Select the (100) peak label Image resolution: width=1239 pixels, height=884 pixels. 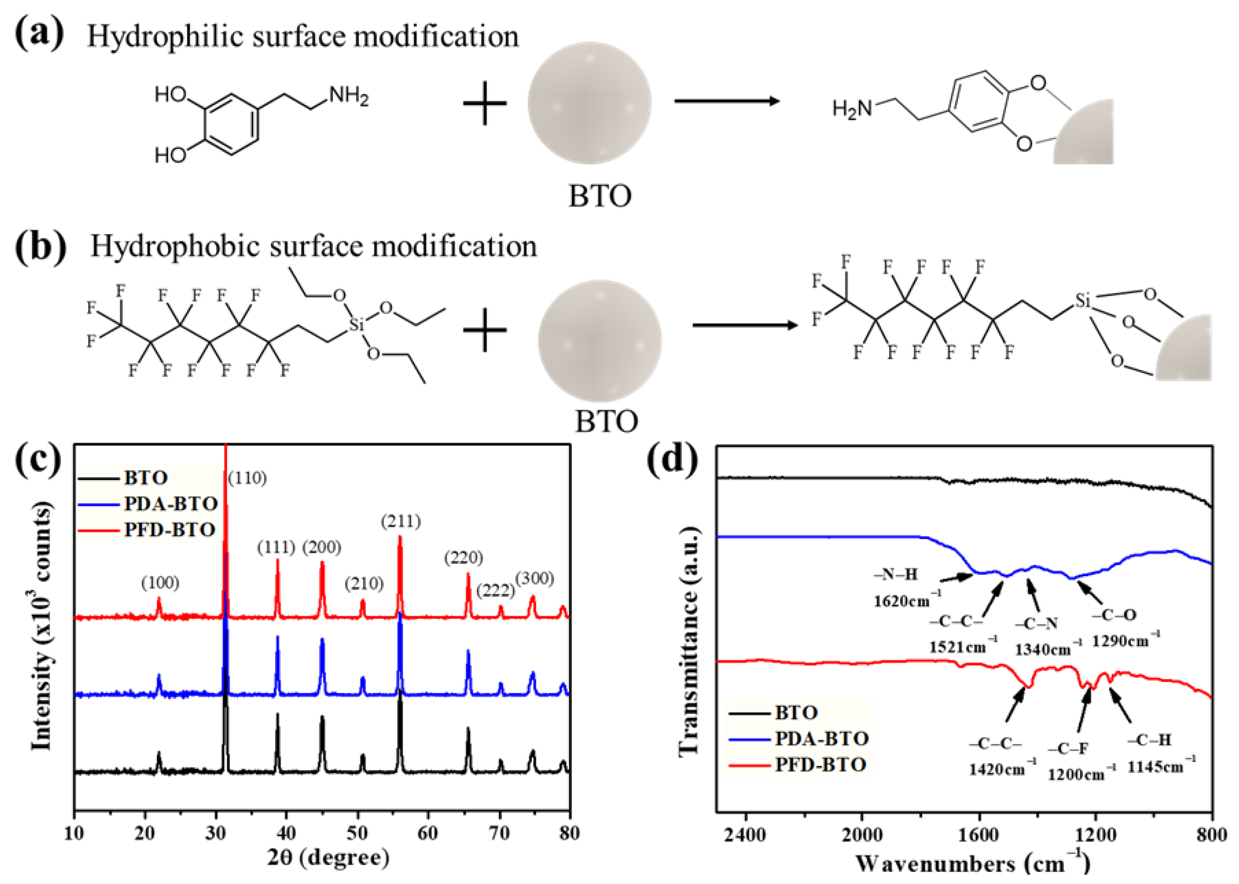pyautogui.click(x=160, y=583)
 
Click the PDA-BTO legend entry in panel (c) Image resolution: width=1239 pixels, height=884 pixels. pyautogui.click(x=170, y=503)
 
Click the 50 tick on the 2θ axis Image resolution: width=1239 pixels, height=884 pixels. pyautogui.click(x=357, y=833)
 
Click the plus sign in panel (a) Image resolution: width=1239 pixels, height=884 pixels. pyautogui.click(x=485, y=103)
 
